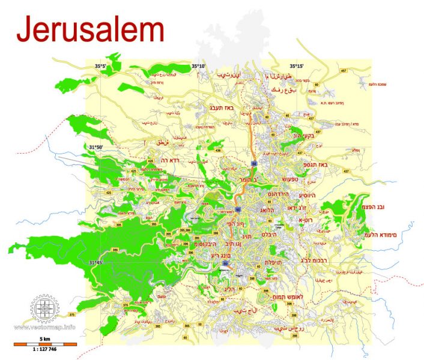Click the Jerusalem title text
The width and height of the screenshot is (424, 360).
point(90,30)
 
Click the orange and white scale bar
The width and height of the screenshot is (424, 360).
point(45,344)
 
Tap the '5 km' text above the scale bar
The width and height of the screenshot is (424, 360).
point(45,338)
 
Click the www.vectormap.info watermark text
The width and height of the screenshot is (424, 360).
point(45,327)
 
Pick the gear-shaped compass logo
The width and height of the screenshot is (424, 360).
point(45,308)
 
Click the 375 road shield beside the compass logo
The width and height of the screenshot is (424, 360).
point(72,314)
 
